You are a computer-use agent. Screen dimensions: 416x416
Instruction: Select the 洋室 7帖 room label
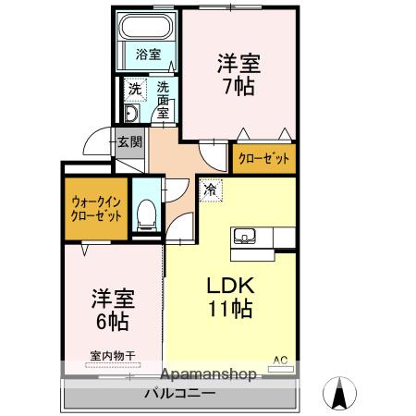[x=238, y=75]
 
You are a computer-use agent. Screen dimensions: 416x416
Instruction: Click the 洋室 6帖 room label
[x=112, y=311]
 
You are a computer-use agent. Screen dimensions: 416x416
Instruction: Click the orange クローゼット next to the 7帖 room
[x=264, y=158]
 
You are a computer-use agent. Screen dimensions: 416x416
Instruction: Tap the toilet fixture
[x=145, y=216]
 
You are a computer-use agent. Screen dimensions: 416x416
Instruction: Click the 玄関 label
[x=129, y=142]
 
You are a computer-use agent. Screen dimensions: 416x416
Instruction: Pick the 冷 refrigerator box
[x=210, y=189]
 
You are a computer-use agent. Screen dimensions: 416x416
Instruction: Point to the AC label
[x=278, y=360]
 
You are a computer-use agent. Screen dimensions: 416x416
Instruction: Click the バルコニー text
[x=179, y=395]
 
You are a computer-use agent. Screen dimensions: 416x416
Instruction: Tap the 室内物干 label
[x=112, y=355]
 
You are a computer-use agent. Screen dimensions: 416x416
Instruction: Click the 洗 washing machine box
[x=135, y=92]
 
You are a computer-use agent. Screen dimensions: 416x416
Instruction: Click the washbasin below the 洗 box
[x=130, y=114]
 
